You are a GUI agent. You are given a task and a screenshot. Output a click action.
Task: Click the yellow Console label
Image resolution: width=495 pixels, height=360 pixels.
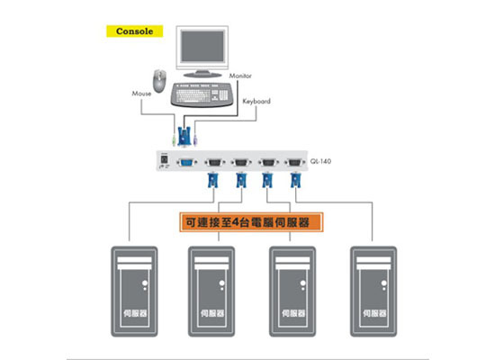pos(134,31)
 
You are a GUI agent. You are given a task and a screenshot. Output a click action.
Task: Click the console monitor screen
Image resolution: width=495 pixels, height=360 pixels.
pos(202,46)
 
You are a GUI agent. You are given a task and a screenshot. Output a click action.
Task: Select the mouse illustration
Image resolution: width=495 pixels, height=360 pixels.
pos(159,81)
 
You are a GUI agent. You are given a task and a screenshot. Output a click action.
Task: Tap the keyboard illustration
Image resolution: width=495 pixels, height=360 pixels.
pos(202,94)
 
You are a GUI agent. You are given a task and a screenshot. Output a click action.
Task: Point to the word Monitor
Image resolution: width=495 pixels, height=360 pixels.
pos(240,76)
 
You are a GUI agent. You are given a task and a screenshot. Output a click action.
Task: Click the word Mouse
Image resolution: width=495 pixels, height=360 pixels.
pos(141,94)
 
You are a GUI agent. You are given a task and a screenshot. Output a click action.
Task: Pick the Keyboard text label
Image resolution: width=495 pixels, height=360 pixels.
pos(256,102)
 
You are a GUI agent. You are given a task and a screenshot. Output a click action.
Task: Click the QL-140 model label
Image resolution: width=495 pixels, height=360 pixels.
pos(320,161)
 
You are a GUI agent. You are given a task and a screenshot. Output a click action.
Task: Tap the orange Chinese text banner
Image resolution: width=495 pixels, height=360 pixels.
pos(251,222)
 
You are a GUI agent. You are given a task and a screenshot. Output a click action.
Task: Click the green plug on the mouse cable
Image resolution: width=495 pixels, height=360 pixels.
pos(174,140)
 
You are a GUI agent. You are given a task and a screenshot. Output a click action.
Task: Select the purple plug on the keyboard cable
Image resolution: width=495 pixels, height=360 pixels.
pos(195,140)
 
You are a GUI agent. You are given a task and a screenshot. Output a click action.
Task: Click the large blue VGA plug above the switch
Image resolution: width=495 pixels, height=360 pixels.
pos(184,137)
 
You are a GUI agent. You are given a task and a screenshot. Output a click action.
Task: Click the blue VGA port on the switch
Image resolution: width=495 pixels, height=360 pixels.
pos(187,162)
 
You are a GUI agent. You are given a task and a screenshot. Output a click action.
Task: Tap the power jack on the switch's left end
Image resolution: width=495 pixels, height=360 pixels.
pos(164,158)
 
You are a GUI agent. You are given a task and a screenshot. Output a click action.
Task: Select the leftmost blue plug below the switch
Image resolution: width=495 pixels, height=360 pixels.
pos(212,180)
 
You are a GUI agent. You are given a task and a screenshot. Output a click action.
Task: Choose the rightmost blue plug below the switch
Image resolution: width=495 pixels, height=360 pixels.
pos(295,180)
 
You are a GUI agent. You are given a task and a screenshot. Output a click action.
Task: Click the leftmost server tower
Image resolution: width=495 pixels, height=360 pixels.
pos(134,292)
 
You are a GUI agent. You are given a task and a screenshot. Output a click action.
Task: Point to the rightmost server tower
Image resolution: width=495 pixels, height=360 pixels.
pos(373,292)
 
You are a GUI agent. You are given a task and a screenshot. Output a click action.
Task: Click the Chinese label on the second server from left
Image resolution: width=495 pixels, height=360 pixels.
pos(212,313)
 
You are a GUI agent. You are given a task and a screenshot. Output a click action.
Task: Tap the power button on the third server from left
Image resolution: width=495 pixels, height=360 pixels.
pos(303,283)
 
